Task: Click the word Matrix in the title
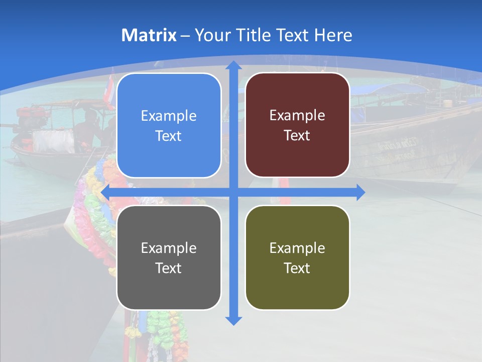tap(149, 35)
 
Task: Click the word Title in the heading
tap(257, 35)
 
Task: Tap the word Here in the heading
tap(333, 35)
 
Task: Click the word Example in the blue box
tap(169, 116)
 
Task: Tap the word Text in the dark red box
tap(297, 136)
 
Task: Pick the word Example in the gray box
tap(169, 248)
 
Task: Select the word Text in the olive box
tap(297, 268)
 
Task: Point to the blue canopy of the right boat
tap(389, 90)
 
